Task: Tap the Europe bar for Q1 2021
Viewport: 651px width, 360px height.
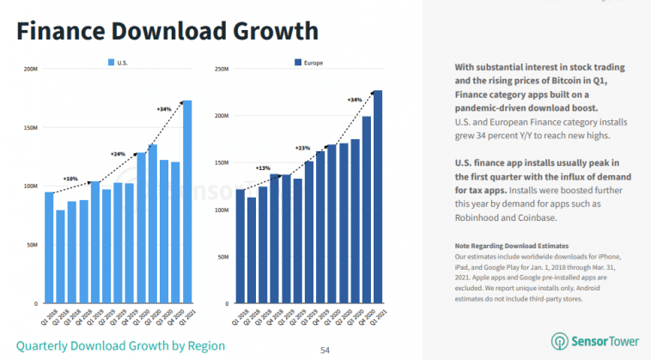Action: tap(378, 197)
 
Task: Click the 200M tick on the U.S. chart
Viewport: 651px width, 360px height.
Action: tap(31, 69)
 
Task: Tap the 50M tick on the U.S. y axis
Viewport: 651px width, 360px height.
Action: tap(32, 245)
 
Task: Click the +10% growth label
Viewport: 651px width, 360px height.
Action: tap(70, 179)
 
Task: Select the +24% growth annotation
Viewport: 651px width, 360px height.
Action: tap(118, 154)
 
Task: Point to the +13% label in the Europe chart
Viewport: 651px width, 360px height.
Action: tap(263, 168)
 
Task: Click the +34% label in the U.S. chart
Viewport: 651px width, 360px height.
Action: tap(164, 109)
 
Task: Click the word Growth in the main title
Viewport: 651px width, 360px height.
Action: tap(267, 33)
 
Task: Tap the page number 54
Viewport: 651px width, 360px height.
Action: tap(325, 350)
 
